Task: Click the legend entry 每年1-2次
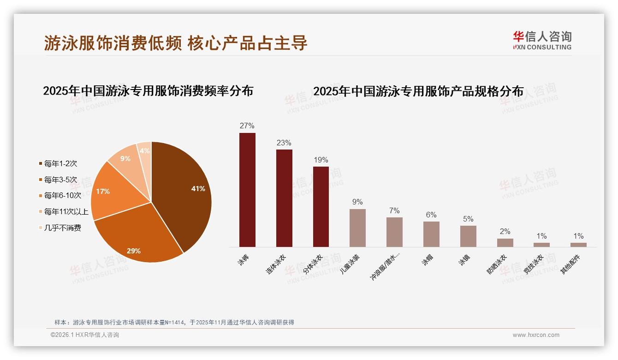pyautogui.click(x=60, y=163)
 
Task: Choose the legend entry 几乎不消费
pyautogui.click(x=62, y=228)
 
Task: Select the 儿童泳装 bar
pyautogui.click(x=357, y=228)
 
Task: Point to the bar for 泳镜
pyautogui.click(x=468, y=236)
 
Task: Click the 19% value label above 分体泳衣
pyautogui.click(x=321, y=160)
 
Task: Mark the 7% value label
pyautogui.click(x=394, y=211)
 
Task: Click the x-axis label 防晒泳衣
pyautogui.click(x=497, y=264)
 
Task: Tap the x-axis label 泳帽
pyautogui.click(x=427, y=260)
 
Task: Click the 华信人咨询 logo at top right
pyautogui.click(x=542, y=40)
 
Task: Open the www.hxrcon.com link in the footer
pyautogui.click(x=536, y=335)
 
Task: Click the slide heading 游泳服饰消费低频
pyautogui.click(x=113, y=43)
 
